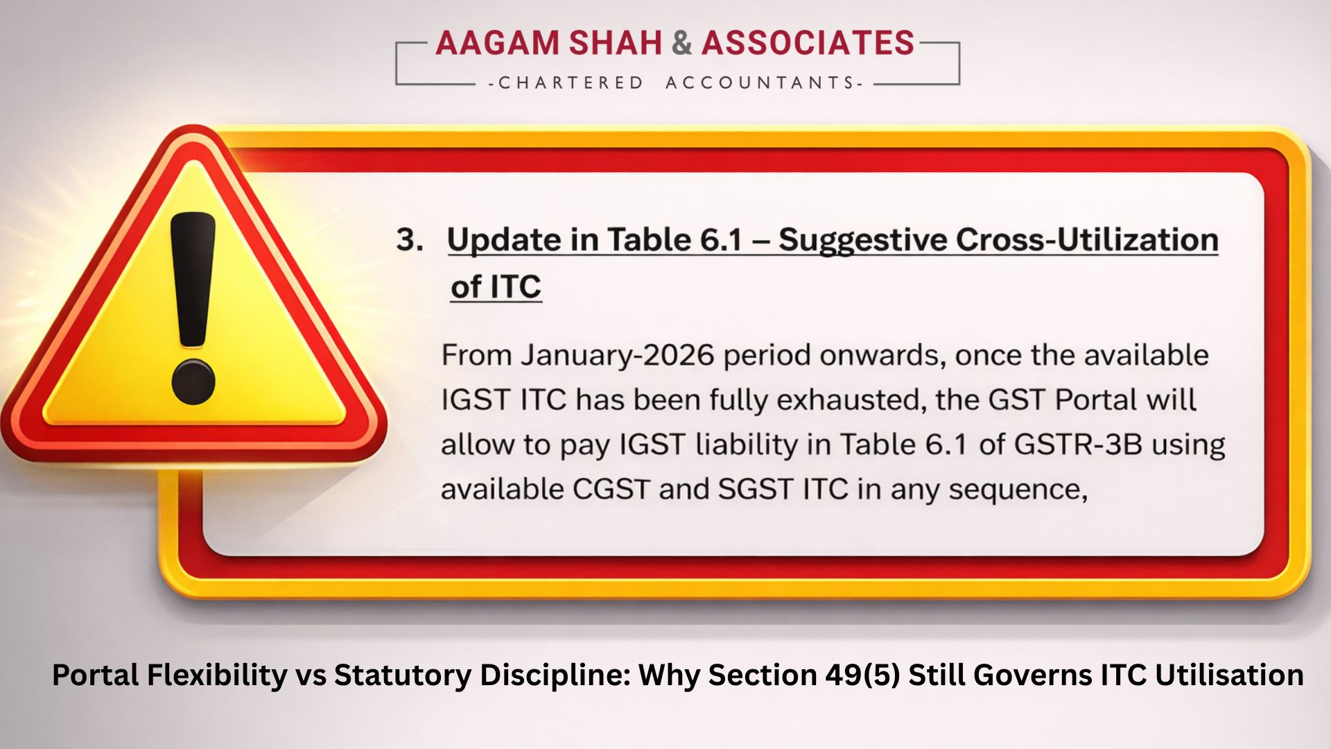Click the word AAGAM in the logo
[497, 43]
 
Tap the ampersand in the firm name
[681, 43]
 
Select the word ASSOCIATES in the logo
[808, 43]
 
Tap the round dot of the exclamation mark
[193, 381]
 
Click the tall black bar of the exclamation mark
[193, 277]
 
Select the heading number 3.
[409, 240]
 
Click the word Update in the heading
[504, 240]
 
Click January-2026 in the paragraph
[617, 355]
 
